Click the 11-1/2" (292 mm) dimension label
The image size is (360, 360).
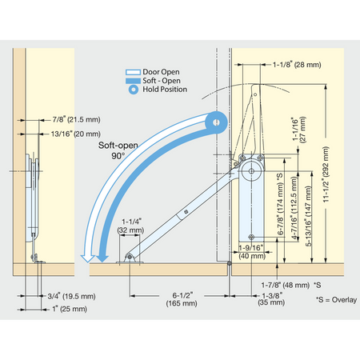tap(326, 174)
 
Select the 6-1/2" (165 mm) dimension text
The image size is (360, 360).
tap(182, 299)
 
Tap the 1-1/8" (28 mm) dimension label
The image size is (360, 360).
tap(297, 65)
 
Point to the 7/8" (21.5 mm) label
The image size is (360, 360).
tap(76, 119)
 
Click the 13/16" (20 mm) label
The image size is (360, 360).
tap(76, 134)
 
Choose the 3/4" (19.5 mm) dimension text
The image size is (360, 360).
tap(71, 296)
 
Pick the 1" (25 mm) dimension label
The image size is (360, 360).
tap(70, 309)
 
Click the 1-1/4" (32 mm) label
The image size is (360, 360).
tap(130, 226)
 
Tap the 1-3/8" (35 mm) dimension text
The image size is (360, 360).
tap(271, 299)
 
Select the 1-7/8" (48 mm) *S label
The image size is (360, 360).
tap(291, 285)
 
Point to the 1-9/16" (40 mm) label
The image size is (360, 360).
tap(252, 252)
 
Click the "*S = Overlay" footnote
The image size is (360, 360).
tap(337, 300)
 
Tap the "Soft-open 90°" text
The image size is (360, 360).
tap(118, 150)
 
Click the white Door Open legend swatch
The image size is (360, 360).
tap(133, 72)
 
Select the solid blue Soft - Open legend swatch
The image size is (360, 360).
tap(133, 81)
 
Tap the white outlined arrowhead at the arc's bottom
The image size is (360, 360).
tap(88, 258)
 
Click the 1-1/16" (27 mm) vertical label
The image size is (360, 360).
tap(298, 130)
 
